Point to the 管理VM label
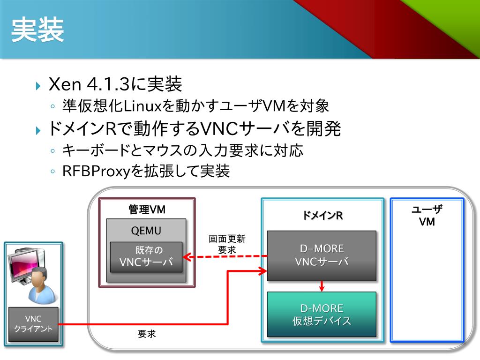point(147,210)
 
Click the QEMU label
point(146,231)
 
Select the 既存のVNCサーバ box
point(146,256)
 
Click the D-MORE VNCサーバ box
point(322,255)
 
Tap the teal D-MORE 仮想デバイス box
point(322,314)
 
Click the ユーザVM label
point(427,216)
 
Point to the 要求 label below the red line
point(147,334)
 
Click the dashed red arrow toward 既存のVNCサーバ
point(225,256)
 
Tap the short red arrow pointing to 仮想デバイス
point(322,286)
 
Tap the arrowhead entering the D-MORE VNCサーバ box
point(262,270)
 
